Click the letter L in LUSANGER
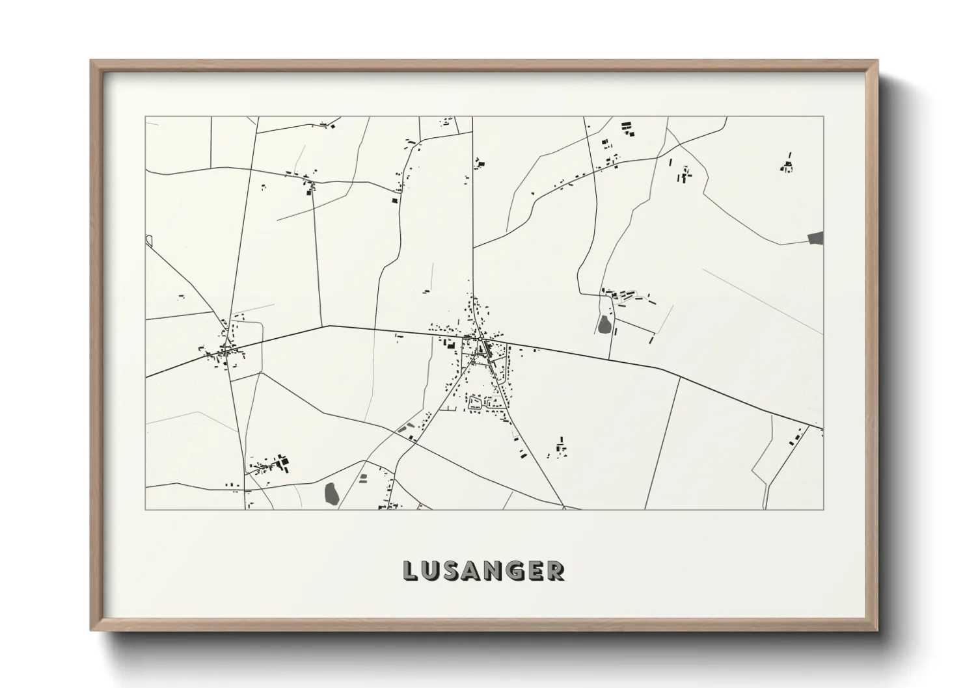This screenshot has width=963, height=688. (x=412, y=570)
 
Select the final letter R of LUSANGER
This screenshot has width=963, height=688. (x=555, y=570)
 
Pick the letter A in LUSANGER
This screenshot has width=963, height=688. (x=473, y=570)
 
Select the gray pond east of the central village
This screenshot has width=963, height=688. (x=604, y=324)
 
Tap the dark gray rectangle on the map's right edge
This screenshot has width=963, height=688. (x=815, y=238)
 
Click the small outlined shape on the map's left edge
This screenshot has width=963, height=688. (x=149, y=240)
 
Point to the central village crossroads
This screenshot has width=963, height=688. (x=480, y=339)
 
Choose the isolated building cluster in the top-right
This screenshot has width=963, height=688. (x=787, y=165)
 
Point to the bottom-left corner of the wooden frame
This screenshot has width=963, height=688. (x=92, y=629)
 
